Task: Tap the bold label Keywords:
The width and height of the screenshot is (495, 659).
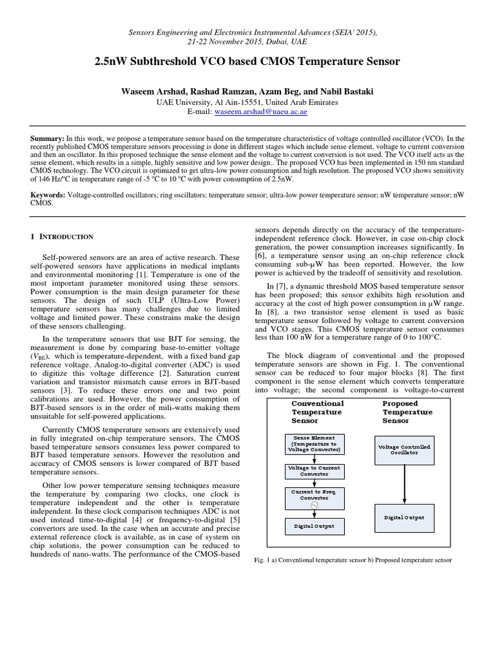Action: pos(48,194)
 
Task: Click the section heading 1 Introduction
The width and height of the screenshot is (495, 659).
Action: pos(63,237)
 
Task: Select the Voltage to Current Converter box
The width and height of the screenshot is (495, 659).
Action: pos(315,470)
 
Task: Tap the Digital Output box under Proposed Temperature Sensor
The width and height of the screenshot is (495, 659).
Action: pos(403,517)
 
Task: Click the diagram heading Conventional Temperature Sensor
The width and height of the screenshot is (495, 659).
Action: pos(318,412)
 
